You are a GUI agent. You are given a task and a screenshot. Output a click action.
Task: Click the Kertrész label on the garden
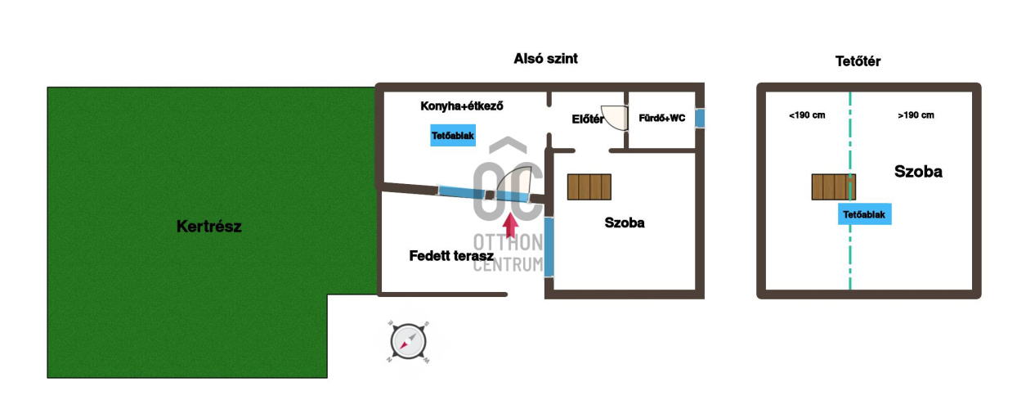click(x=208, y=226)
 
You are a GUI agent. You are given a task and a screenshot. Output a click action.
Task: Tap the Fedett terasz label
click(x=451, y=255)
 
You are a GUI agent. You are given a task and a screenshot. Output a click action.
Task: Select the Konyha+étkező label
click(x=462, y=106)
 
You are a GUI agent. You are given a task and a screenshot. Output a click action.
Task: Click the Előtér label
click(x=588, y=119)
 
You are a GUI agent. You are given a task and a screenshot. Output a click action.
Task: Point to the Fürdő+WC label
click(x=662, y=118)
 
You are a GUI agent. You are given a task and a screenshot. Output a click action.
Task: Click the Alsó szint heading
click(x=545, y=59)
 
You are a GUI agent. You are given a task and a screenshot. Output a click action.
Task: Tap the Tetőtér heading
click(x=858, y=61)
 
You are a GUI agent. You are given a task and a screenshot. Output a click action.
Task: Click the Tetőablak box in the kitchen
click(x=453, y=136)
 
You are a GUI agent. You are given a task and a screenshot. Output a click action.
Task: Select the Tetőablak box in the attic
click(x=864, y=214)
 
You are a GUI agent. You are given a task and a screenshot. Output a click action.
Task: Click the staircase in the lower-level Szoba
click(x=589, y=187)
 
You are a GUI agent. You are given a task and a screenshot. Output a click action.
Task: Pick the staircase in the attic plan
click(x=834, y=187)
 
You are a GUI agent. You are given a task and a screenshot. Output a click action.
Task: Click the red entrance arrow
click(x=511, y=226)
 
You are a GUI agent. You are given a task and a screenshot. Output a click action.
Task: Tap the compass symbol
click(x=408, y=342)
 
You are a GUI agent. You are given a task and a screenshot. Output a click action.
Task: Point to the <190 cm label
click(x=807, y=115)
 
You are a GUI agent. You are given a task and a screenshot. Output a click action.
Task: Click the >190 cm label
click(x=916, y=115)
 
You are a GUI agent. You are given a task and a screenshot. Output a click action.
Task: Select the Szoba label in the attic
click(x=918, y=171)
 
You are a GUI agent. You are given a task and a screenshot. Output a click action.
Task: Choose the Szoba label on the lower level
click(x=625, y=222)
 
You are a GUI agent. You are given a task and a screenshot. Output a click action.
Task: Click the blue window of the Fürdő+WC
click(x=700, y=118)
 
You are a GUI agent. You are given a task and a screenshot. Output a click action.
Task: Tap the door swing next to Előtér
click(x=615, y=118)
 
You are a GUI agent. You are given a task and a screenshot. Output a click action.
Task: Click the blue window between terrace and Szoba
click(x=549, y=247)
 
